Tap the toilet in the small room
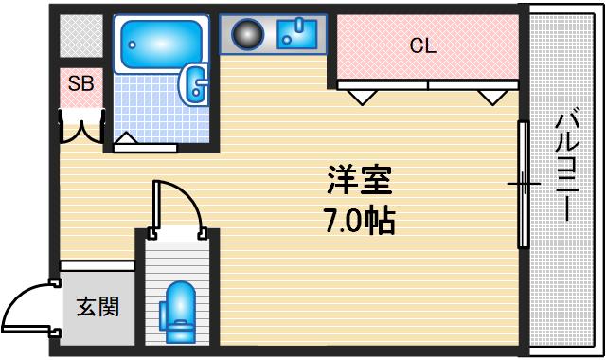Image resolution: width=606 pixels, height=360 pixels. point(178,313)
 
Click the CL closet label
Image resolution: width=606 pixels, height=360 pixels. point(422,45)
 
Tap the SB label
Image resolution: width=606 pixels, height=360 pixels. point(80,84)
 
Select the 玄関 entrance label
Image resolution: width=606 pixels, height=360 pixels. point(98,307)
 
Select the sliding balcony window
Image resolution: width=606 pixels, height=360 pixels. point(522,182)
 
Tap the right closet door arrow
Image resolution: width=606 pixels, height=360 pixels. point(491,97)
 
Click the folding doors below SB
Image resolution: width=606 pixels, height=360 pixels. point(81,126)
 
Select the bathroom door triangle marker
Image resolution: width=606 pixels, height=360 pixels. point(126,140)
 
